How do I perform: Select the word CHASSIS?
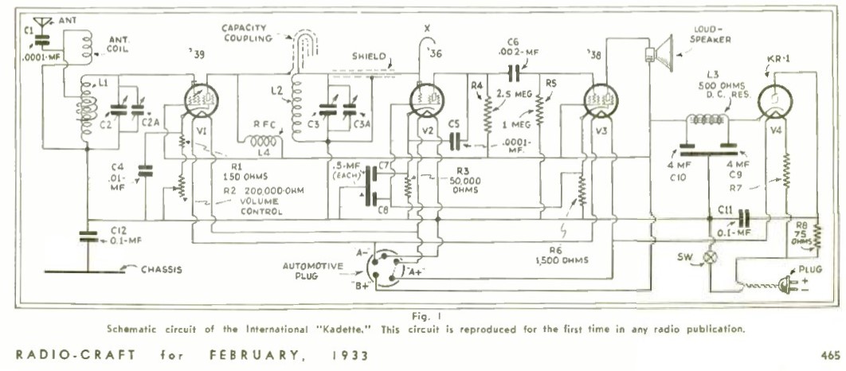pyautogui.click(x=162, y=269)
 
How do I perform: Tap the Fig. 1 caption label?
pyautogui.click(x=421, y=316)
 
